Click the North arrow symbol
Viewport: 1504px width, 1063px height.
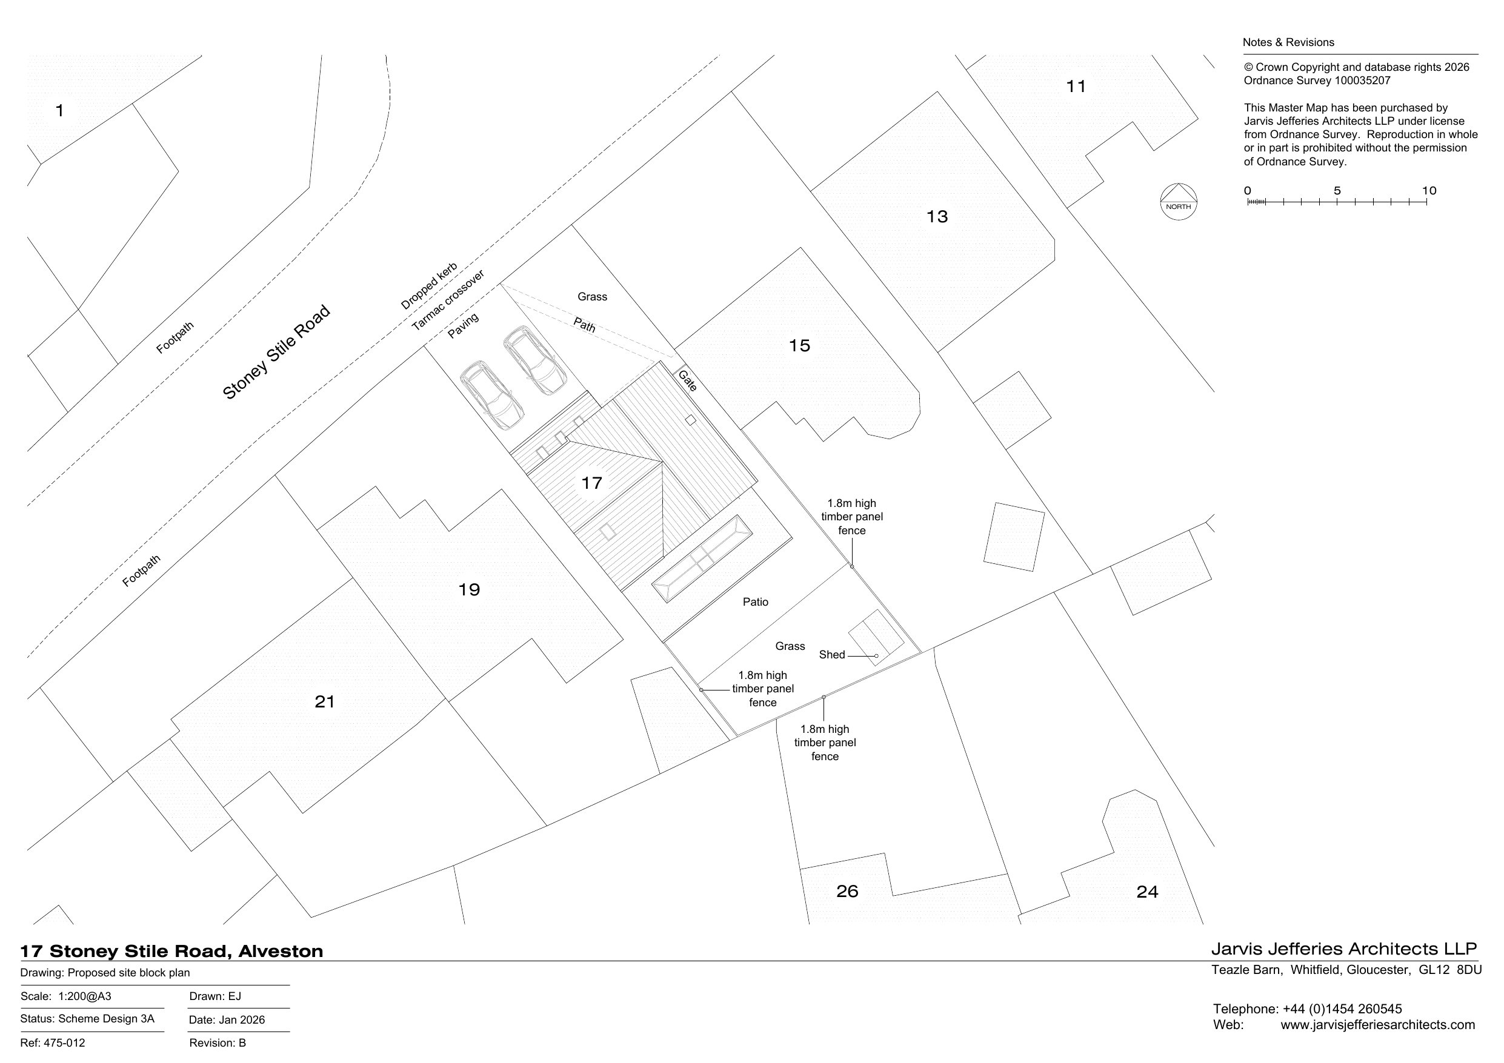tap(1178, 201)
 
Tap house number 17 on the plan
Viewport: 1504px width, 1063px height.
tap(591, 483)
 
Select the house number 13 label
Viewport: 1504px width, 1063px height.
tap(937, 217)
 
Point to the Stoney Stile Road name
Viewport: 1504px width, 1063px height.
tap(276, 353)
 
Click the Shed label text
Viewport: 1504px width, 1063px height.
tap(832, 655)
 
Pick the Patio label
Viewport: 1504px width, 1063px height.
tap(755, 602)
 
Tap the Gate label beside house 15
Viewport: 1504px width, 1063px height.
tap(687, 380)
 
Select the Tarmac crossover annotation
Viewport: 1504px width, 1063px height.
tap(448, 300)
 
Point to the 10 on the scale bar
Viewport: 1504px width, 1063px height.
tap(1429, 191)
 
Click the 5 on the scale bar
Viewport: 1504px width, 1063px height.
tap(1337, 191)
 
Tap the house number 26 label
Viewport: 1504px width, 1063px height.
tap(847, 892)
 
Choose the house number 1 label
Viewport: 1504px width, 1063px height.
tap(59, 111)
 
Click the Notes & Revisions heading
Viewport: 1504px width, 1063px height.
tap(1288, 42)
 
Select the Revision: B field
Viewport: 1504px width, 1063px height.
tap(218, 1042)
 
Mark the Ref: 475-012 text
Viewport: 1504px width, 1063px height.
tap(53, 1042)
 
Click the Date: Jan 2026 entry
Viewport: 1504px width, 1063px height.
tap(227, 1020)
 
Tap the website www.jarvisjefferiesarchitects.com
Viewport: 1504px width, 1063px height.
tap(1377, 1025)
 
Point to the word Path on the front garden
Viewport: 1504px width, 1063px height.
tap(584, 324)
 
